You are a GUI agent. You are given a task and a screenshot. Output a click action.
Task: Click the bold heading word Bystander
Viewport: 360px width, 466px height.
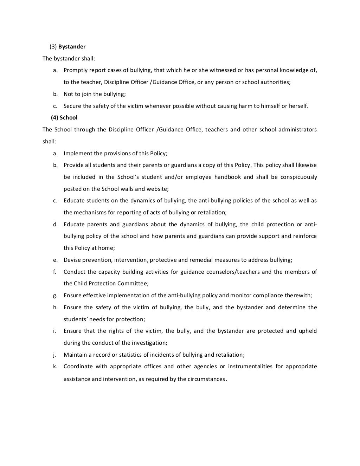[72, 46]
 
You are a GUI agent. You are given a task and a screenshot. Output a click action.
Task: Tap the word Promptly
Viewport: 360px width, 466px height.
[75, 70]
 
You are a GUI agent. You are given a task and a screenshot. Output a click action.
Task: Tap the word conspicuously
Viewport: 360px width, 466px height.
[298, 177]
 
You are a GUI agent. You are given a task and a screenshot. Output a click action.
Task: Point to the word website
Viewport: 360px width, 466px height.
[157, 189]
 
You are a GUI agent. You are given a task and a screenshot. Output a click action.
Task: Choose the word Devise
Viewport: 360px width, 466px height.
[72, 260]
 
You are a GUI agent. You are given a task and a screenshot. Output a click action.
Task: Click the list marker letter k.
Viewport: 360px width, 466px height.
[55, 367]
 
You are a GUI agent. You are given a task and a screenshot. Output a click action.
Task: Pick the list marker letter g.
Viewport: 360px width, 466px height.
[55, 296]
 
